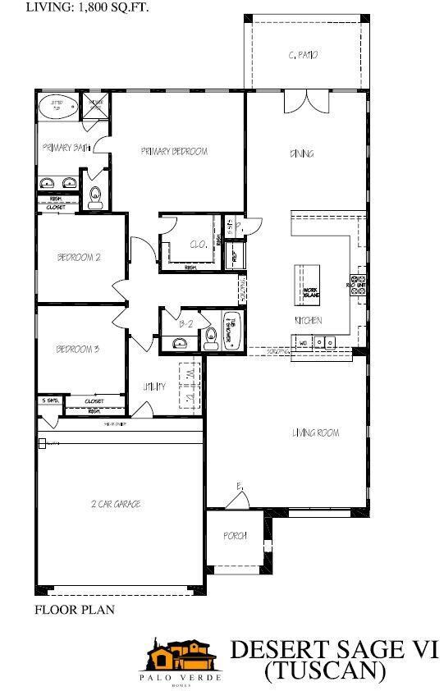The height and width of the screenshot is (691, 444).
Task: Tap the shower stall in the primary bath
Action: click(x=96, y=105)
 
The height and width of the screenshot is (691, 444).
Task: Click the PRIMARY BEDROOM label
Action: click(x=173, y=151)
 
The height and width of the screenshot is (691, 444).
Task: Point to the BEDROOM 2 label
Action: click(x=78, y=257)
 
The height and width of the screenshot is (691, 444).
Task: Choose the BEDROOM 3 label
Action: click(x=77, y=350)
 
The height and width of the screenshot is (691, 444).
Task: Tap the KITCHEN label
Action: click(x=309, y=320)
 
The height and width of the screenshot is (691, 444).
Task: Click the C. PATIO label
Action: click(x=303, y=55)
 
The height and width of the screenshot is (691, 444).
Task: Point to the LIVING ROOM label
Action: click(x=316, y=432)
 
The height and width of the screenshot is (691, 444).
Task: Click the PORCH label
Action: click(x=235, y=536)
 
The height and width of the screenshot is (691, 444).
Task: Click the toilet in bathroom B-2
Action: click(x=211, y=334)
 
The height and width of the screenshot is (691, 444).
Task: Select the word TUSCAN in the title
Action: click(x=325, y=670)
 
